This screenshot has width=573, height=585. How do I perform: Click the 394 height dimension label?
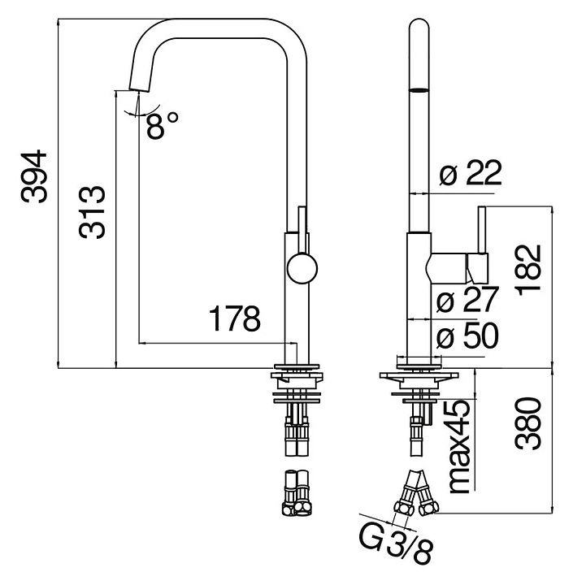click(34, 177)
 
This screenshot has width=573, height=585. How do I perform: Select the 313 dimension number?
click(92, 212)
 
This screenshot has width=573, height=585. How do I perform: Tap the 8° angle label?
click(162, 125)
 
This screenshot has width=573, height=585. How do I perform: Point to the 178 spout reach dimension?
click(235, 319)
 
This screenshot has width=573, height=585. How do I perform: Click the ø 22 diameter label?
click(470, 174)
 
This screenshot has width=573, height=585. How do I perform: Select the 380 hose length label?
click(528, 423)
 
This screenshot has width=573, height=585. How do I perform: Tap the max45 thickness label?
click(460, 446)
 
